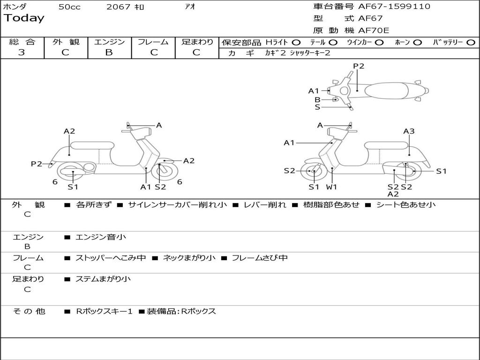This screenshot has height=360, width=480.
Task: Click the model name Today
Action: (24, 18)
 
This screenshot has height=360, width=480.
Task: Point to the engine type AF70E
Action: (374, 30)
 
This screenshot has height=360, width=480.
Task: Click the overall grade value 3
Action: (22, 52)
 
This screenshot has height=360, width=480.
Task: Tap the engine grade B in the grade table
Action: (109, 52)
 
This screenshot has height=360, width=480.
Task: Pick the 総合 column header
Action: (22, 42)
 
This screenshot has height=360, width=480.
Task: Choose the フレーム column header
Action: (153, 42)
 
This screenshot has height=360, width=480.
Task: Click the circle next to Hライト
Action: (296, 43)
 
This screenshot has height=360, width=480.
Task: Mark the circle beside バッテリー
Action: (471, 43)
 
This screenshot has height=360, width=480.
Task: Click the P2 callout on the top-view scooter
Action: (359, 66)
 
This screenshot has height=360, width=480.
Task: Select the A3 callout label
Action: (409, 131)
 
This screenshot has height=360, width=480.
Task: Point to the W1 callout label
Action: (332, 187)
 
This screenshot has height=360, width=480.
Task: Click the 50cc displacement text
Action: (69, 7)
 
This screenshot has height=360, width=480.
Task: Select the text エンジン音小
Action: (101, 237)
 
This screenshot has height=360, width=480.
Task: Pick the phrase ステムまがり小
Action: (103, 279)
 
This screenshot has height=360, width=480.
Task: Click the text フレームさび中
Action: (260, 258)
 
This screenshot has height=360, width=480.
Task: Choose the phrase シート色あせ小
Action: (406, 204)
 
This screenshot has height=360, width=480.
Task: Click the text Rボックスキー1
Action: (104, 311)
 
